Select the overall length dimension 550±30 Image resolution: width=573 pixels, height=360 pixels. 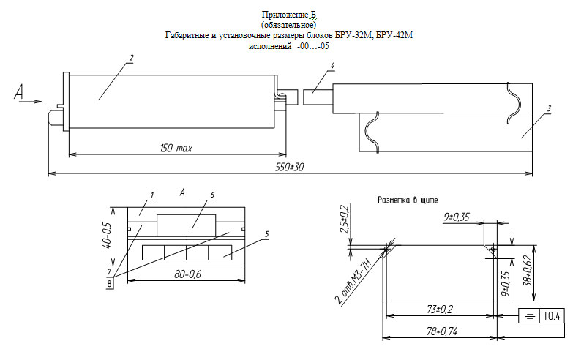pos(288,168)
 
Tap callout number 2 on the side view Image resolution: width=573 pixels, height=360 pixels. pos(131,58)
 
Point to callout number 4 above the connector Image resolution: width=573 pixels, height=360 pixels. pos(332,67)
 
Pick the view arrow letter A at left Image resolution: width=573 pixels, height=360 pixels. pos(20,91)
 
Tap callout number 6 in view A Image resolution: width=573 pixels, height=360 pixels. pos(212,195)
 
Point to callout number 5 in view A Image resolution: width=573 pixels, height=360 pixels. pos(266,234)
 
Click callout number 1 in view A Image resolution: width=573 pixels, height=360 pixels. pos(151,195)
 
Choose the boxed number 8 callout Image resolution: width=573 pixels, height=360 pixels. pos(110,282)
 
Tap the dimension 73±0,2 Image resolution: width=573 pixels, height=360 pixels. pos(438,310)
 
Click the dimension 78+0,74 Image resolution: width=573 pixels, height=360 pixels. pos(438,331)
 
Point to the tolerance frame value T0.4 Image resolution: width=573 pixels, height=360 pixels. pos(550,317)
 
